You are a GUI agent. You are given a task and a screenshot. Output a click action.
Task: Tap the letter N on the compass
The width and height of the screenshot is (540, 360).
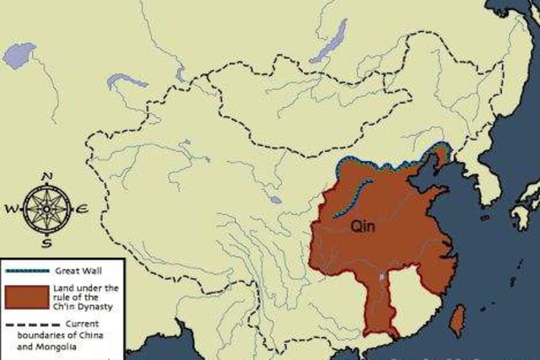click(x=46, y=176)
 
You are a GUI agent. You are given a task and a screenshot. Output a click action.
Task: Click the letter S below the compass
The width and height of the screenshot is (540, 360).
click(x=46, y=243)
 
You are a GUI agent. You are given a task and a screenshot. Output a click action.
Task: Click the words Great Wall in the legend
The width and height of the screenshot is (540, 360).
click(x=78, y=271)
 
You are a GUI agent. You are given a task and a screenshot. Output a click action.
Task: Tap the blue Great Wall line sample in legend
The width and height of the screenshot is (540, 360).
click(x=27, y=271)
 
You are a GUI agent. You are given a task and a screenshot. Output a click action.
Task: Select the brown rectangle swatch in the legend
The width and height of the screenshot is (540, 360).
click(x=27, y=298)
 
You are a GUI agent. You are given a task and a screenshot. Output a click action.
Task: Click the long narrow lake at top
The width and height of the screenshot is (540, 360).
click(x=328, y=42)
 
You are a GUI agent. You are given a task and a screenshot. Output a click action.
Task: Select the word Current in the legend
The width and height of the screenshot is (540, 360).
click(x=81, y=324)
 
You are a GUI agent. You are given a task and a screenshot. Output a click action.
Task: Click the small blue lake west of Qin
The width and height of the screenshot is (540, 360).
click(x=275, y=201)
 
